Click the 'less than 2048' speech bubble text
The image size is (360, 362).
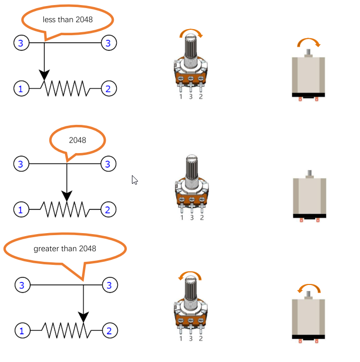(x=67, y=20)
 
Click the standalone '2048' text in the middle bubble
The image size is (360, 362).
(x=78, y=140)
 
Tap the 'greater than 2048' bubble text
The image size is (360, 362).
(x=64, y=249)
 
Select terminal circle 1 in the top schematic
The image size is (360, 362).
(x=22, y=89)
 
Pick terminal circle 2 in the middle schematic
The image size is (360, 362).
(x=108, y=209)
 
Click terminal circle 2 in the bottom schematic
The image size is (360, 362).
(x=110, y=331)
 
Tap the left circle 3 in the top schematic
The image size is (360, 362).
(x=22, y=43)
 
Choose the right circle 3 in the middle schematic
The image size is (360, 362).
(x=108, y=164)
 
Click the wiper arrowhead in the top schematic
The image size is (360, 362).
(x=44, y=75)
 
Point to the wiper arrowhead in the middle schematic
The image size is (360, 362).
(x=67, y=196)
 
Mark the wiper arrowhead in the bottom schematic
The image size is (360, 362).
(x=84, y=317)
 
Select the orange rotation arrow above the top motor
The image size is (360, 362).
(x=309, y=40)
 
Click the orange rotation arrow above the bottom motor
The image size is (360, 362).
(x=309, y=286)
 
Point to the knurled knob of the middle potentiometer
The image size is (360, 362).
(x=192, y=167)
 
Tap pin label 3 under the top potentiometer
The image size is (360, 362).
(x=191, y=97)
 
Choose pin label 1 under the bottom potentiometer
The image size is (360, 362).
(x=181, y=339)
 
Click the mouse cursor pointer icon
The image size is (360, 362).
(x=134, y=180)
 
